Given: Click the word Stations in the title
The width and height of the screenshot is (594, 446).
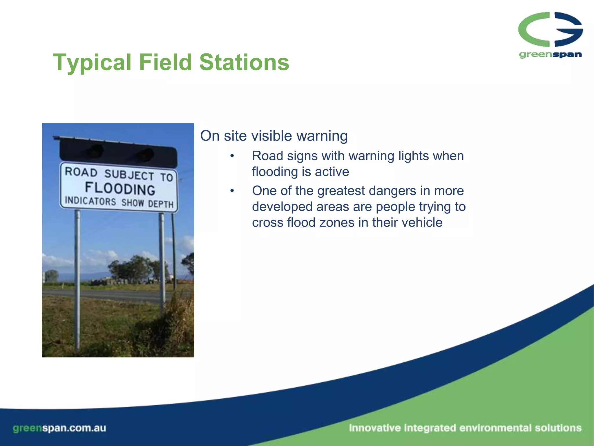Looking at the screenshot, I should click(244, 62).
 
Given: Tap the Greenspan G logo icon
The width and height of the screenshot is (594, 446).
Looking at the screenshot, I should click(550, 29).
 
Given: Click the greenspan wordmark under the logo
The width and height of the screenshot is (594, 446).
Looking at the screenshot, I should click(550, 55).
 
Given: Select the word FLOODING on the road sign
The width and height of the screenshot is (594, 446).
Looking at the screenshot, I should click(120, 189).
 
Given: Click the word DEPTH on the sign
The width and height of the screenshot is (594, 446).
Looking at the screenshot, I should click(161, 204).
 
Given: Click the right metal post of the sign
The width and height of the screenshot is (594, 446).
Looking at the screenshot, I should click(162, 261).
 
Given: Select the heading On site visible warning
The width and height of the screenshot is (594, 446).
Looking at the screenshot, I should click(274, 136).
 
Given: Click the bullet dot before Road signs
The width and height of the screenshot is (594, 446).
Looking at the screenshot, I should click(232, 156).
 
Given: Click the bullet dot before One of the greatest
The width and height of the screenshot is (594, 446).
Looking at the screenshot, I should click(232, 191).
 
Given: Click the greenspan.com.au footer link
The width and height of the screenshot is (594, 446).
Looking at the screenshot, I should click(59, 428).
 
